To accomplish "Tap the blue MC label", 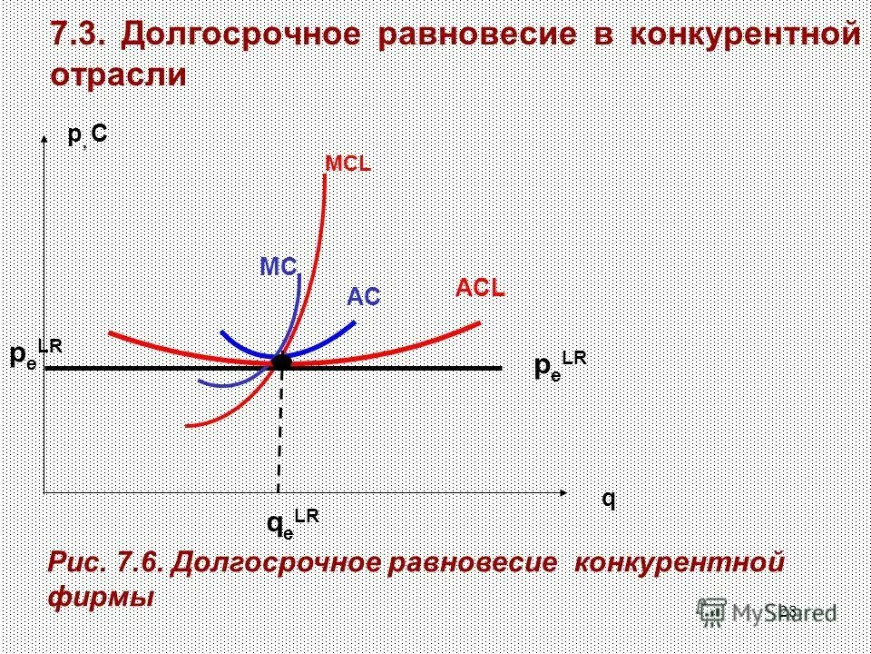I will point(279,267).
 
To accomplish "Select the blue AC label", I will point(363,297).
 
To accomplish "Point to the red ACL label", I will point(480,289).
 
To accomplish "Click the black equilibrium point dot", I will point(281,362).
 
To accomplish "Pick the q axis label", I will point(608,500).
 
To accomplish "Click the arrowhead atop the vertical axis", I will point(44,138).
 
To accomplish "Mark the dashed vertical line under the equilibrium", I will point(279,427).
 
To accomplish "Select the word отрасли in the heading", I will point(118,75).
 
